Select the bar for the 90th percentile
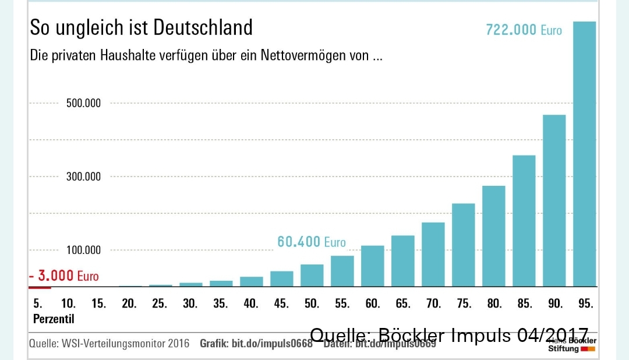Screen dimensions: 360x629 click(x=554, y=201)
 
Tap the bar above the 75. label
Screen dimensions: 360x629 click(x=463, y=245)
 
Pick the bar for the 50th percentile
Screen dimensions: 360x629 click(x=312, y=276)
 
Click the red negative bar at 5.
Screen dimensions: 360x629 click(x=40, y=287)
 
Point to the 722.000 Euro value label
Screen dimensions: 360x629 click(x=524, y=30)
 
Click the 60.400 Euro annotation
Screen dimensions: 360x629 click(x=311, y=242)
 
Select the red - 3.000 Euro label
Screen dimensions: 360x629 click(x=64, y=276)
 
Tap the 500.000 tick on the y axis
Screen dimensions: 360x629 click(x=83, y=103)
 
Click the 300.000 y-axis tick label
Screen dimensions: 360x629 click(x=83, y=177)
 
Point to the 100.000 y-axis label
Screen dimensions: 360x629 click(x=83, y=250)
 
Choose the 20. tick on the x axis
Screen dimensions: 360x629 click(x=129, y=303)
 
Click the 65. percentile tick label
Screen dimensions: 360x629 click(x=402, y=303)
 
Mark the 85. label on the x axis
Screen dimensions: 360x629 click(x=524, y=303)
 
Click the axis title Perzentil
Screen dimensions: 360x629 click(x=54, y=319)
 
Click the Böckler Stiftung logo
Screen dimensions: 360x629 click(x=571, y=345)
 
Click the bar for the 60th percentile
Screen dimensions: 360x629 click(x=372, y=266)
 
